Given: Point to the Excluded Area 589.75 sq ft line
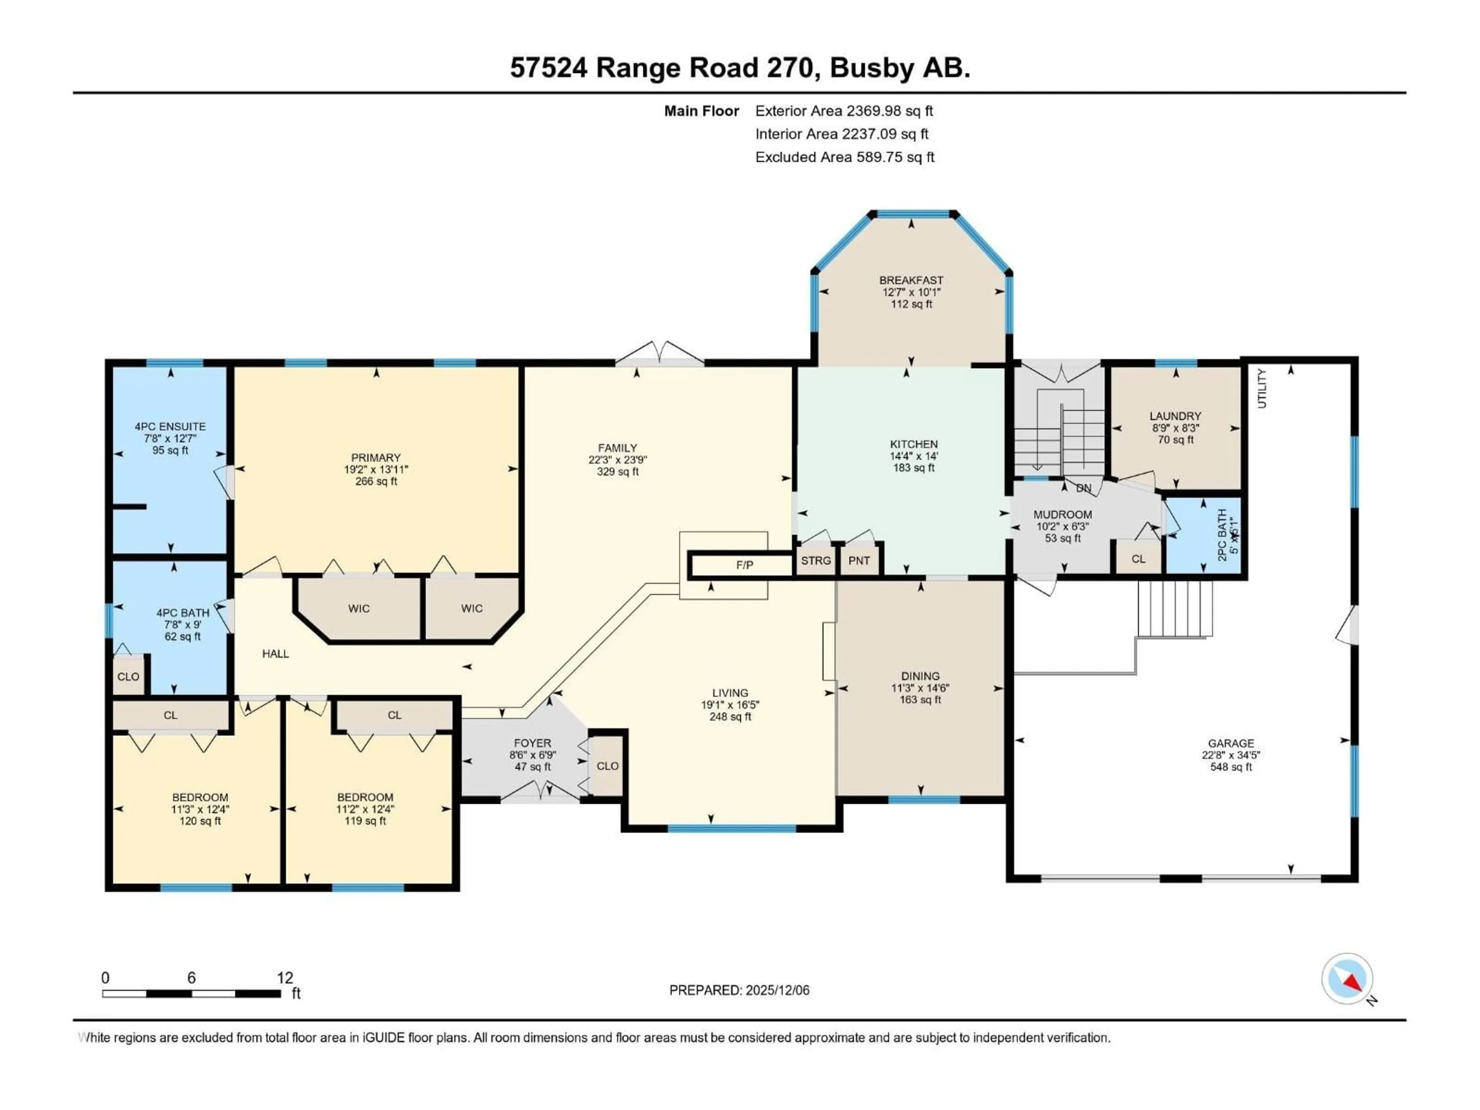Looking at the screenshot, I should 844,157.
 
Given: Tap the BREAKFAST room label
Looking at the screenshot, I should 911,280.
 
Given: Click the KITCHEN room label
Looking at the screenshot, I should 913,444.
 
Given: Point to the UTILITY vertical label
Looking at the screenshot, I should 1262,388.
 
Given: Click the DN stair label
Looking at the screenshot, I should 1083,488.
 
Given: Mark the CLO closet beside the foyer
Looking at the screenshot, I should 607,766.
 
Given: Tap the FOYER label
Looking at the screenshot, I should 533,743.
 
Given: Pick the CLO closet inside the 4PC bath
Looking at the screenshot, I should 128,676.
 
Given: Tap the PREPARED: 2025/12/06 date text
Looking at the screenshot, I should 739,990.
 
